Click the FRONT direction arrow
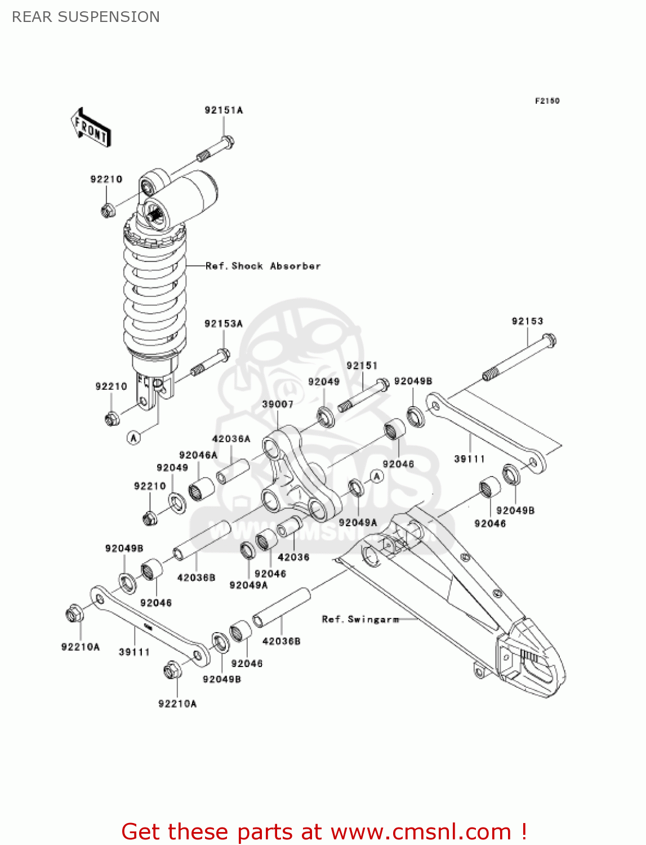pyautogui.click(x=90, y=127)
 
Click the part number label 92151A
pyautogui.click(x=224, y=110)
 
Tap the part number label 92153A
pyautogui.click(x=224, y=324)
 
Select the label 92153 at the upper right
pyautogui.click(x=527, y=321)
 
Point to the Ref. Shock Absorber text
pyautogui.click(x=263, y=266)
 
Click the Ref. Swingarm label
pyautogui.click(x=360, y=619)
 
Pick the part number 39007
pyautogui.click(x=278, y=404)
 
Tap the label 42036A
pyautogui.click(x=231, y=439)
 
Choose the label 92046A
pyautogui.click(x=198, y=455)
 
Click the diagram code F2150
pyautogui.click(x=547, y=101)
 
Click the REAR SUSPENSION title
pyautogui.click(x=86, y=17)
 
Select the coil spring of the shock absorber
pyautogui.click(x=154, y=293)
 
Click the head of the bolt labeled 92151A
pyautogui.click(x=226, y=141)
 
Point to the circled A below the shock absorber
pyautogui.click(x=133, y=437)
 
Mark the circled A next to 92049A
pyautogui.click(x=377, y=477)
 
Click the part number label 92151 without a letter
pyautogui.click(x=362, y=366)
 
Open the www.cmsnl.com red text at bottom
pyautogui.click(x=421, y=831)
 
